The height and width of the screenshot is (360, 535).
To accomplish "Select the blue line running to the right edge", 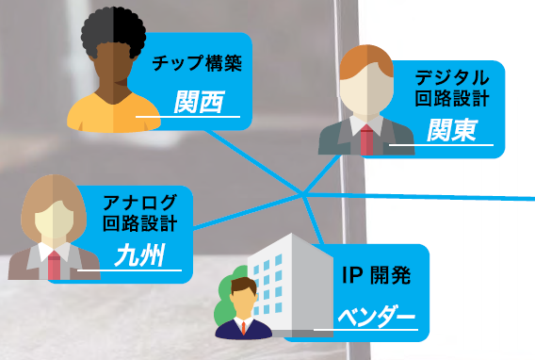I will [x=424, y=196].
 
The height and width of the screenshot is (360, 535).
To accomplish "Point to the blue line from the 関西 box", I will [x=254, y=155].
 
